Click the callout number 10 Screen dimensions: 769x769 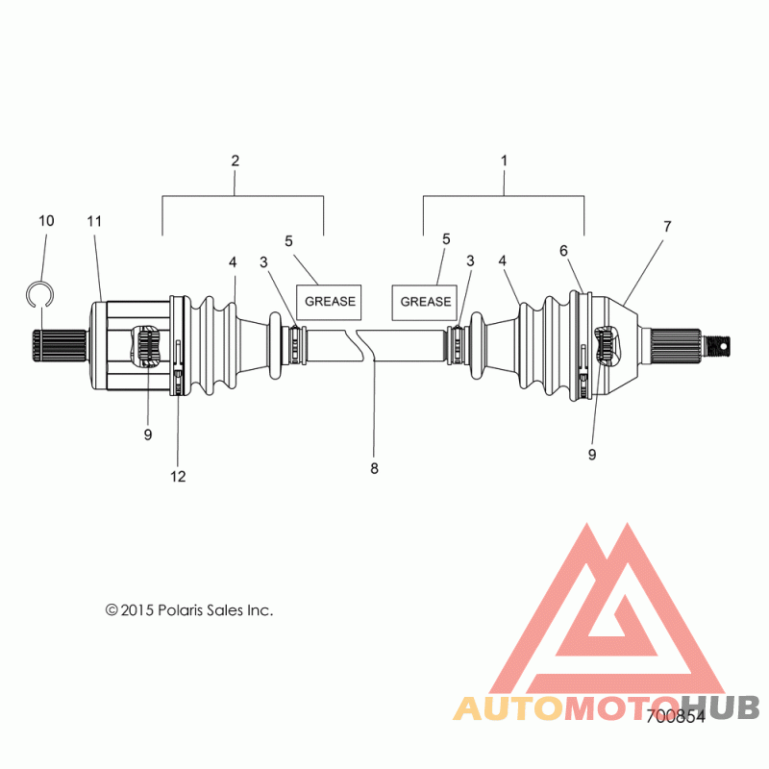click(46, 221)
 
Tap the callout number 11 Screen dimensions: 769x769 click(94, 222)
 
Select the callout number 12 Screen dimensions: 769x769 click(178, 476)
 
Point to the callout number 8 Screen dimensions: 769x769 click(374, 469)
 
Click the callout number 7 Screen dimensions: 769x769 click(667, 227)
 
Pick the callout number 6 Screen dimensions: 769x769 click(563, 251)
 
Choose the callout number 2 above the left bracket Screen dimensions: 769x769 click(235, 161)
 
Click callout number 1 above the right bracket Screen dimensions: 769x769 click(504, 161)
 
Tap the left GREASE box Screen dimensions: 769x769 click(329, 302)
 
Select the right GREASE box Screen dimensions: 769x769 click(425, 302)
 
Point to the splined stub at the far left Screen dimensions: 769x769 click(59, 346)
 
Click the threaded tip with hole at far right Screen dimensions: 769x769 click(717, 346)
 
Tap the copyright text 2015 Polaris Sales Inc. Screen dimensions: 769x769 click(189, 610)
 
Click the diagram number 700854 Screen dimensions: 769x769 click(676, 716)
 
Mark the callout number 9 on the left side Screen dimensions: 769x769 click(148, 434)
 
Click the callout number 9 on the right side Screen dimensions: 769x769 click(592, 455)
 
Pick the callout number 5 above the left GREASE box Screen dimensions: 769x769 click(288, 241)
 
